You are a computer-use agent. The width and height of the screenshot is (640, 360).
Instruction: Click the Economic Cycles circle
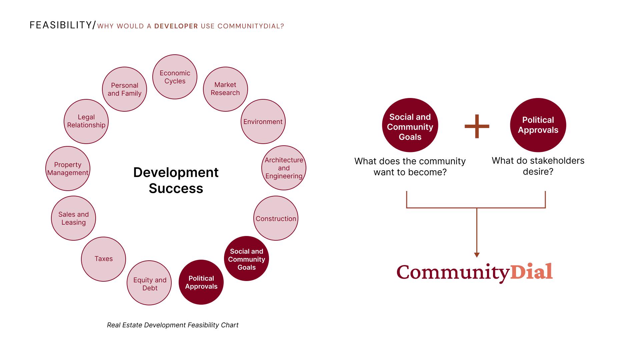pyautogui.click(x=175, y=77)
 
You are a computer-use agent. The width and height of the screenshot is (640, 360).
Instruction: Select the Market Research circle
pyautogui.click(x=225, y=89)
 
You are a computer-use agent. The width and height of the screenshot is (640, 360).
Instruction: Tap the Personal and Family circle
pyautogui.click(x=124, y=89)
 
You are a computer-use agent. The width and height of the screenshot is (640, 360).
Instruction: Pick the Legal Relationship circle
pyautogui.click(x=86, y=121)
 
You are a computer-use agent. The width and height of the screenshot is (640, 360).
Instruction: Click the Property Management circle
pyautogui.click(x=68, y=168)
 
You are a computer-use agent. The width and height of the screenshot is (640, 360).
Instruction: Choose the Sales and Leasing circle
pyautogui.click(x=73, y=218)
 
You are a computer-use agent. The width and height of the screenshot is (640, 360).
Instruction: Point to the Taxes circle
pyautogui.click(x=103, y=259)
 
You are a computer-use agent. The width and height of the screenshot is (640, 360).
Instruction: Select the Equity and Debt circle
pyautogui.click(x=149, y=283)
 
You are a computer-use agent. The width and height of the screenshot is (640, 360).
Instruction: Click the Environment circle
pyautogui.click(x=263, y=121)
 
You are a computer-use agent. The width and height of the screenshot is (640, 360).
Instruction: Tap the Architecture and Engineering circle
pyautogui.click(x=284, y=168)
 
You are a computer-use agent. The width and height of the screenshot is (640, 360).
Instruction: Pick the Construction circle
pyautogui.click(x=276, y=218)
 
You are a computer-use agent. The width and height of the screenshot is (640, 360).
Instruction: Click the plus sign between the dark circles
pyautogui.click(x=477, y=126)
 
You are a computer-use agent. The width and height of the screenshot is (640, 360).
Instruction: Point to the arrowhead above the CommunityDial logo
pyautogui.click(x=477, y=255)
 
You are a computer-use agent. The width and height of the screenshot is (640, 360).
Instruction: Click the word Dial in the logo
pyautogui.click(x=531, y=272)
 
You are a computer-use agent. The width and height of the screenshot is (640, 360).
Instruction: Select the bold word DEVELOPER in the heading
pyautogui.click(x=176, y=26)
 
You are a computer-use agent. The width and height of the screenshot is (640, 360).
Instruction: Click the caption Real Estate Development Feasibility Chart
pyautogui.click(x=173, y=325)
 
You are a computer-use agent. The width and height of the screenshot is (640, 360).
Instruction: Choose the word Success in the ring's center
pyautogui.click(x=176, y=188)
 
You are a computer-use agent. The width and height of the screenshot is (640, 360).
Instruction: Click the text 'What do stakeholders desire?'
pyautogui.click(x=538, y=166)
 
